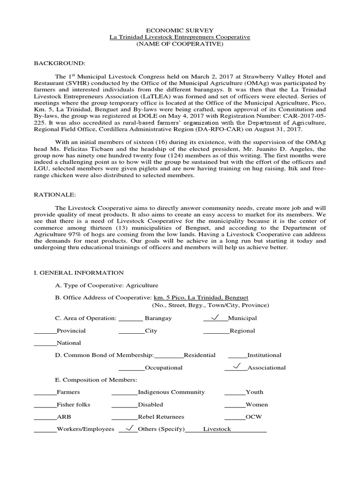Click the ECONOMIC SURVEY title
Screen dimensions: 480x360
click(x=180, y=29)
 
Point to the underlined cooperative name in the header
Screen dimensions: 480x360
click(x=180, y=37)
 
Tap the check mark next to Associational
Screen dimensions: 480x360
click(x=237, y=367)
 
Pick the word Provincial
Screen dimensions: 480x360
click(x=71, y=330)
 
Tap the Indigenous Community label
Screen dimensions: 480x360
click(x=171, y=392)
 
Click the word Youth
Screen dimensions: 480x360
click(x=254, y=392)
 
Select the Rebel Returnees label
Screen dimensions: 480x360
click(x=161, y=417)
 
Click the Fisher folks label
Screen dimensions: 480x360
click(x=73, y=405)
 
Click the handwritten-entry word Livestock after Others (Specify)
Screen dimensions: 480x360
click(x=217, y=429)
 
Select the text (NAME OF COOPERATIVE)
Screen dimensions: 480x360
click(x=180, y=44)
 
